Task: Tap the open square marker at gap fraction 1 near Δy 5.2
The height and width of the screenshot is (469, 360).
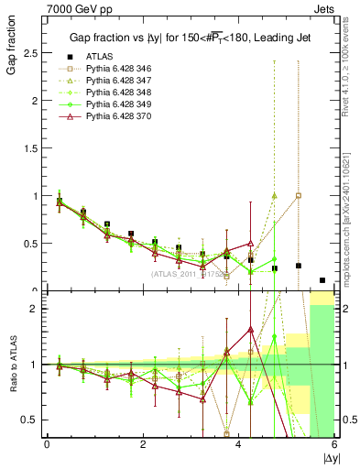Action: [299, 196]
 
